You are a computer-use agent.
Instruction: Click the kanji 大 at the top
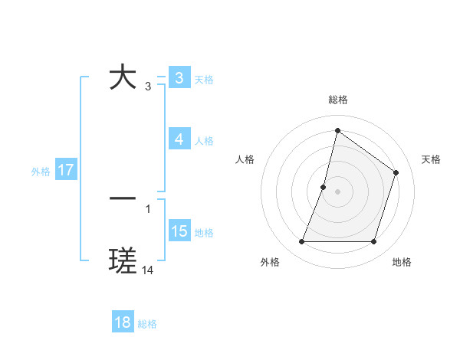click(x=123, y=78)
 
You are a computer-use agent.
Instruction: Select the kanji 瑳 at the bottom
click(x=123, y=261)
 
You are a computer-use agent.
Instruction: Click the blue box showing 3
click(x=179, y=78)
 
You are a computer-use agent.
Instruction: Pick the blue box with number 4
click(x=179, y=139)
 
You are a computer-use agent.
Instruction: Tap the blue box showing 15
click(x=179, y=231)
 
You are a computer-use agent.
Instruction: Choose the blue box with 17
click(x=66, y=170)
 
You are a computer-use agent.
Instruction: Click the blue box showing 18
click(x=123, y=322)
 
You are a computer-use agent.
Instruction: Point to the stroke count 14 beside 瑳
click(x=148, y=270)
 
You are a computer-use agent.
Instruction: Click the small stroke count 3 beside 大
click(x=148, y=87)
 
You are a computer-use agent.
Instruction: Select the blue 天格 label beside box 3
click(x=204, y=79)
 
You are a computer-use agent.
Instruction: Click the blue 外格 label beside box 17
click(x=41, y=171)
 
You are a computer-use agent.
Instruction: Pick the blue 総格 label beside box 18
click(x=147, y=323)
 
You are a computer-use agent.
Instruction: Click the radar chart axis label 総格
click(x=337, y=100)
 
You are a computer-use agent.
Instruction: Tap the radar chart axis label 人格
click(x=245, y=159)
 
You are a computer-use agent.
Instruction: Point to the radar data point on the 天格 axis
click(x=396, y=172)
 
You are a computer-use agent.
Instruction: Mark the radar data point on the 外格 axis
click(x=301, y=242)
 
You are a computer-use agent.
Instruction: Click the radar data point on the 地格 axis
click(x=373, y=242)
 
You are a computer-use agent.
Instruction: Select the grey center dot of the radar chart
click(x=337, y=191)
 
